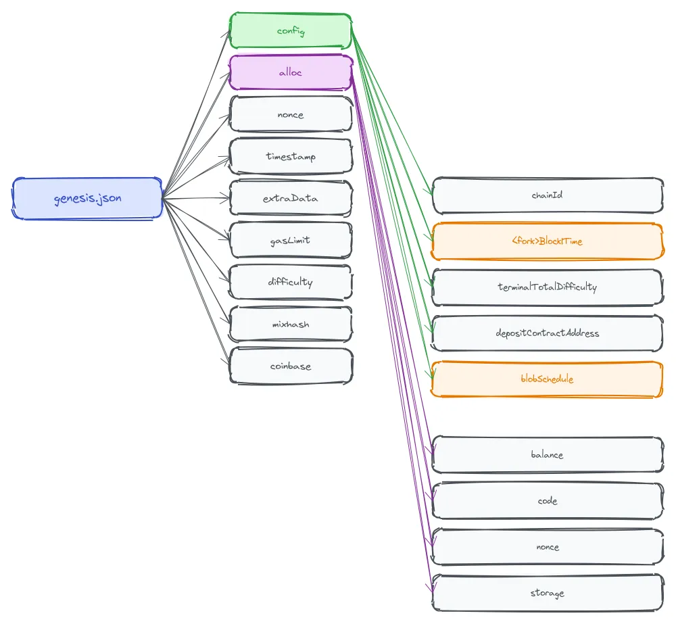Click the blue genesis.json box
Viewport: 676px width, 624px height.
pos(87,198)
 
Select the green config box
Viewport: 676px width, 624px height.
pos(291,30)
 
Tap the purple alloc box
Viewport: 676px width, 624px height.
pos(291,72)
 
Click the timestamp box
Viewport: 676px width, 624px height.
pos(291,156)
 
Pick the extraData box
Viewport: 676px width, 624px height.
pos(291,198)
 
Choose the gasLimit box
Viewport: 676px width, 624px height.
pos(291,240)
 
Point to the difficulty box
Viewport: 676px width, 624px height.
pos(291,282)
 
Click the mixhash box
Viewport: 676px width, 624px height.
pos(291,324)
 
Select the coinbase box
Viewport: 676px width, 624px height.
pos(291,366)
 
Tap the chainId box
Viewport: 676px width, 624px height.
pos(547,195)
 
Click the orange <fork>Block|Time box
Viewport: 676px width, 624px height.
pos(547,241)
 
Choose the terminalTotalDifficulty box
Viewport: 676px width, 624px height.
pos(547,287)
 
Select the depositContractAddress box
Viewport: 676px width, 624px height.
pos(547,333)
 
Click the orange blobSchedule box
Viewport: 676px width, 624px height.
pos(547,379)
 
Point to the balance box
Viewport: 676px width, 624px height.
pos(547,454)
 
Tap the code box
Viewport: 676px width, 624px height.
pos(547,501)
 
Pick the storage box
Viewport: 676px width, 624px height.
pos(547,593)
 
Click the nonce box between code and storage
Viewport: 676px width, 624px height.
pos(547,547)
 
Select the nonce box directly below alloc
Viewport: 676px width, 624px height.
pos(291,114)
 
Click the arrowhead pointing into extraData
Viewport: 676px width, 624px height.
pos(226,198)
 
